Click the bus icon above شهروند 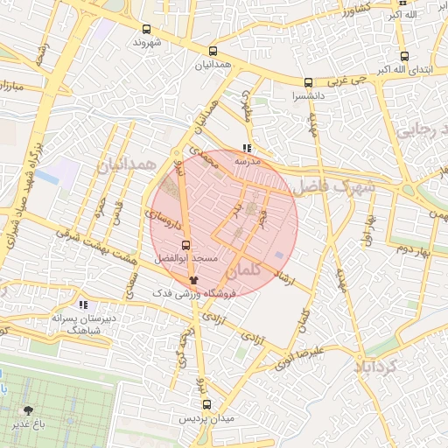tap(147, 27)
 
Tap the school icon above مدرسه tap(247, 149)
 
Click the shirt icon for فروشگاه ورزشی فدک tap(193, 281)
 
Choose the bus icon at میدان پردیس tap(207, 405)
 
